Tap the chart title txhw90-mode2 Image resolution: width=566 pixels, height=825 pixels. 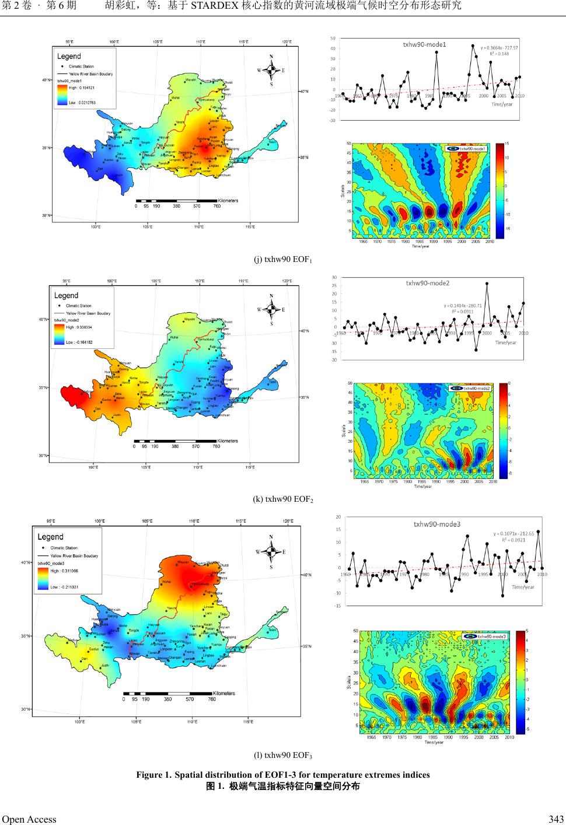(x=428, y=284)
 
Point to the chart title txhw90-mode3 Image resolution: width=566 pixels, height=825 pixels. (x=437, y=524)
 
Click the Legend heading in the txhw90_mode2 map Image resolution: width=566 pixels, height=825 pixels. (x=66, y=295)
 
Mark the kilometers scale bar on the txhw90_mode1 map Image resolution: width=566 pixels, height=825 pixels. (x=177, y=200)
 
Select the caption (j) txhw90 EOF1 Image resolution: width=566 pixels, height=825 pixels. (x=283, y=259)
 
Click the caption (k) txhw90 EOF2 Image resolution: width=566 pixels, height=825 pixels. (x=283, y=499)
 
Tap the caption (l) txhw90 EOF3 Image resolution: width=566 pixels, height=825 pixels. (x=283, y=756)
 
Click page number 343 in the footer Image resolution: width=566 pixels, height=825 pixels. (x=555, y=819)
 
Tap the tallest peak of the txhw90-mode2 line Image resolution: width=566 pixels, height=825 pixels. (x=487, y=284)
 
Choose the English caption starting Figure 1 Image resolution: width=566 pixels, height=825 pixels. (x=283, y=775)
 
